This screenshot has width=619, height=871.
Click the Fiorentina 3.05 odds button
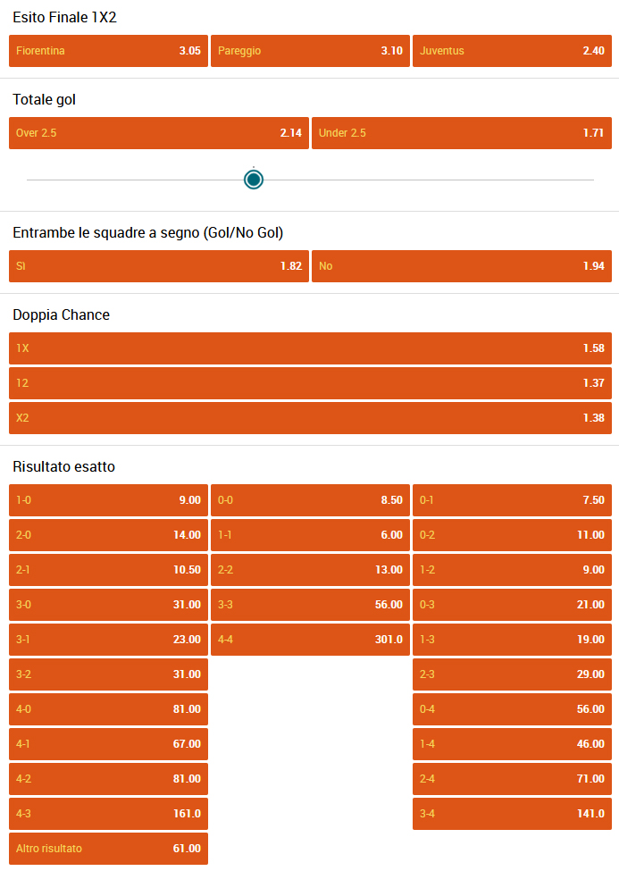click(108, 51)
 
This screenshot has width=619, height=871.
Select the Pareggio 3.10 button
click(310, 51)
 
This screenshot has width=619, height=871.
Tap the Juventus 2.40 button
click(513, 51)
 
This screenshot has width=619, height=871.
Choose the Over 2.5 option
click(159, 133)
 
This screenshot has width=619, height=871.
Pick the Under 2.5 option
click(462, 133)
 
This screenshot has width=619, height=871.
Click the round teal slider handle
click(254, 180)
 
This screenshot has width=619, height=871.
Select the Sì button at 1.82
click(159, 266)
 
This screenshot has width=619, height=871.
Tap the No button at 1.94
click(462, 266)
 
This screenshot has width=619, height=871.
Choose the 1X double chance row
click(310, 348)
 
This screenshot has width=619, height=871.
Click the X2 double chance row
click(310, 418)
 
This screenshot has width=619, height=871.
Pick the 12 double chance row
click(310, 383)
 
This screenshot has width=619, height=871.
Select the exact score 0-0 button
click(310, 500)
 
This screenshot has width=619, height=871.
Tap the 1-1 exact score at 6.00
click(310, 535)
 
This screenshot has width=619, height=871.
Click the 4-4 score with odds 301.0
click(310, 640)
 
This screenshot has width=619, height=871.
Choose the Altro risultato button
click(108, 849)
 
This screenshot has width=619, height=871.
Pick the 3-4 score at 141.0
click(513, 813)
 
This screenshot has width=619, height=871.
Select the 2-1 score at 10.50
click(108, 569)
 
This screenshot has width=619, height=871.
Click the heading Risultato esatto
click(64, 466)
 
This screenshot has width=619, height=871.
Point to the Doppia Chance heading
click(61, 315)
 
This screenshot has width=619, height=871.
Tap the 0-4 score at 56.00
click(513, 708)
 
